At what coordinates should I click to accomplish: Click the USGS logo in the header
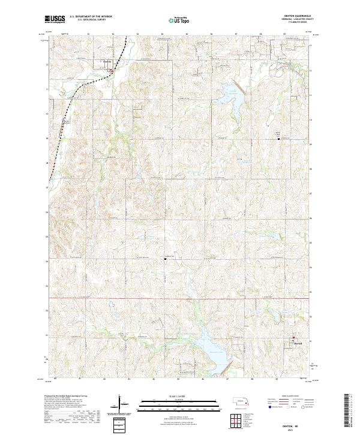[55, 19]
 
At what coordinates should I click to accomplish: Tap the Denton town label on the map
[107, 61]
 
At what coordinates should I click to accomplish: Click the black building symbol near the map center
[166, 259]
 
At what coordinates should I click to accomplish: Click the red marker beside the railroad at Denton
[112, 71]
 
